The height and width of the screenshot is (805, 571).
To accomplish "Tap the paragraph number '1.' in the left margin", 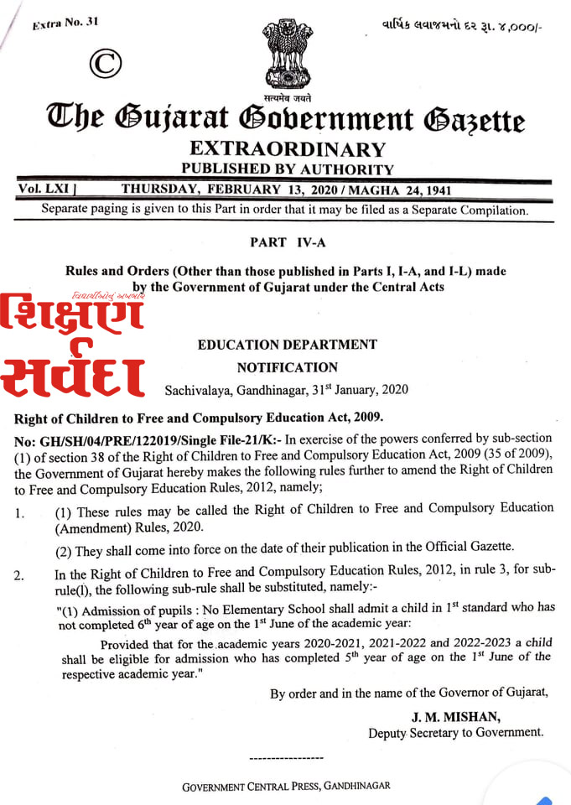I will [19, 512].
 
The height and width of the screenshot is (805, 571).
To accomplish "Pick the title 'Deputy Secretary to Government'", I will [455, 733].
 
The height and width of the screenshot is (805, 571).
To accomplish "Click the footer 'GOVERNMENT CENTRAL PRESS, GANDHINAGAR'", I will [286, 787].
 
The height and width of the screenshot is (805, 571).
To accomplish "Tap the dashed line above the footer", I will [286, 758].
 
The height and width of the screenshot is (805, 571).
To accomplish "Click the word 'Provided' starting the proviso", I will [124, 644].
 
